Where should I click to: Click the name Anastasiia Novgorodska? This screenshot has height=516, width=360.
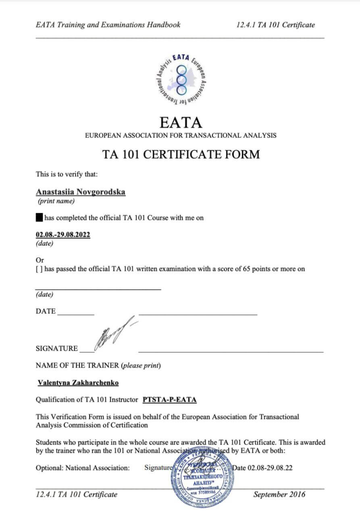81,192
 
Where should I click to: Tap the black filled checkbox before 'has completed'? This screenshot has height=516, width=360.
39,218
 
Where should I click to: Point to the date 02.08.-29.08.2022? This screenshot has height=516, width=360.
63,235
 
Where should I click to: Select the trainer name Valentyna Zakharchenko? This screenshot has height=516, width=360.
78,383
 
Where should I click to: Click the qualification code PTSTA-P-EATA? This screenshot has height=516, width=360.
170,400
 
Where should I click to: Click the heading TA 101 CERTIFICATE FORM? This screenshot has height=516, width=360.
181,155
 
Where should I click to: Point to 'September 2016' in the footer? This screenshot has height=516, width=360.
279,495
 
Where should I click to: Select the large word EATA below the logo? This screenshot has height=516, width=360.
181,122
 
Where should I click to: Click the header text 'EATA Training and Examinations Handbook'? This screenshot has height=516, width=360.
108,25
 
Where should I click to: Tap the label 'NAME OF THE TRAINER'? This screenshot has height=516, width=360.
77,366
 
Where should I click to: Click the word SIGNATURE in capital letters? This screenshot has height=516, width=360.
57,349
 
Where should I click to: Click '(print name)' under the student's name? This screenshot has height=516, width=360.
56,201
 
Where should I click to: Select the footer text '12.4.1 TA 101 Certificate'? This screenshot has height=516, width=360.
77,495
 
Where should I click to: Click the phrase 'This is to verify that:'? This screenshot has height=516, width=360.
67,175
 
